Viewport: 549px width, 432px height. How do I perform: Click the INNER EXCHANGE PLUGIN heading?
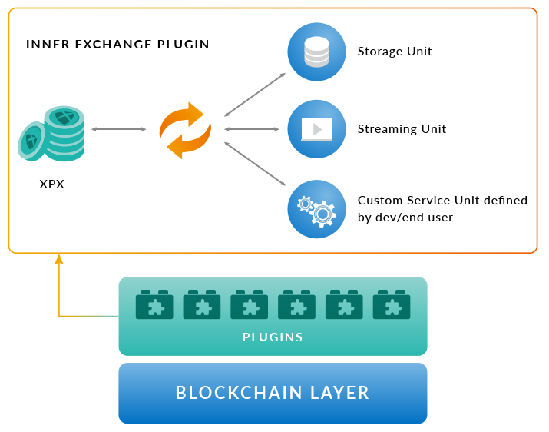117,45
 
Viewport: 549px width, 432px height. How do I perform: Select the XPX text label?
51,184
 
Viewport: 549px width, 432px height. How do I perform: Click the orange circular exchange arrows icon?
185,130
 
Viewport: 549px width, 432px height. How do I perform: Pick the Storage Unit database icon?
316,52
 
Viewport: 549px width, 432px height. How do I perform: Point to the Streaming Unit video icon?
316,129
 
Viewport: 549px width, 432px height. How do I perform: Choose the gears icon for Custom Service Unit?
316,209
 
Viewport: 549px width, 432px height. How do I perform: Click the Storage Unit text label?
395,52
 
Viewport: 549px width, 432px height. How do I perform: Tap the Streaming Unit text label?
402,129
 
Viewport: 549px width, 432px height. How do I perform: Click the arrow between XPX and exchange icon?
119,129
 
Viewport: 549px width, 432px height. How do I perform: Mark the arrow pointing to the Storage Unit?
254,95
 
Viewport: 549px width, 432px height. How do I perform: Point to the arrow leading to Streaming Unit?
254,129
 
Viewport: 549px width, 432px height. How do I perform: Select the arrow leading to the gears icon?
254,163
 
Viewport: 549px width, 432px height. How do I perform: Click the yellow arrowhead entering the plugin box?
59,259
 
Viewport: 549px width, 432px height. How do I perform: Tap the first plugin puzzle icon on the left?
154,305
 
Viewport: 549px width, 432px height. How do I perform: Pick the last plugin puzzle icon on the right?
392,305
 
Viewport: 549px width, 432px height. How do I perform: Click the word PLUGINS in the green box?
273,337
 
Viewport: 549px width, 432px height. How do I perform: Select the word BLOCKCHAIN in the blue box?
237,393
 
